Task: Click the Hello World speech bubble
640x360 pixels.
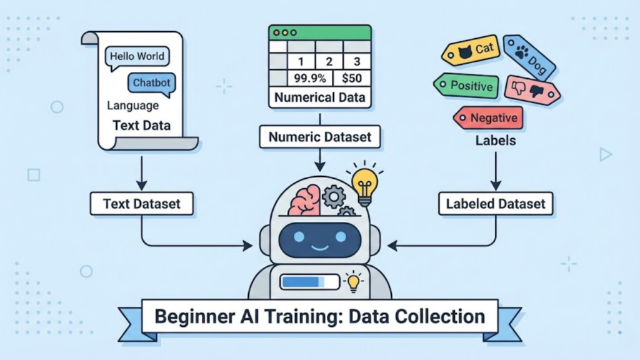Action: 136,56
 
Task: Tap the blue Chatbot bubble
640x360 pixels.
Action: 151,82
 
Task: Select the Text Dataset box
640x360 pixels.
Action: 141,204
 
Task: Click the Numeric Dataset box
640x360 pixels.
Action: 319,136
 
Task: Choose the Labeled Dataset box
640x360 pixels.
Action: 496,204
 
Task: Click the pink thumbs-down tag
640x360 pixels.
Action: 531,90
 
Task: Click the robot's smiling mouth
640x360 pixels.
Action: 320,247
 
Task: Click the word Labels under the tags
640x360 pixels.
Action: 496,141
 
